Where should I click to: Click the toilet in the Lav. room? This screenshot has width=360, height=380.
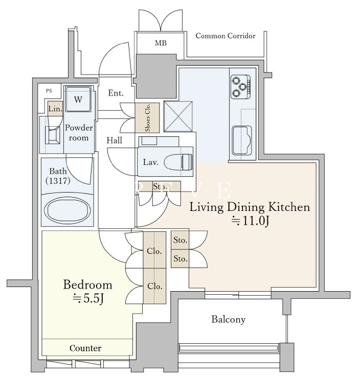tap(178, 161)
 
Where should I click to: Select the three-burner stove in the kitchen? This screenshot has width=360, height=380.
tap(240, 86)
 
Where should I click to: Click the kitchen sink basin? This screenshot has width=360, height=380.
tap(241, 140)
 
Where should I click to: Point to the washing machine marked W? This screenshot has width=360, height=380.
tap(78, 99)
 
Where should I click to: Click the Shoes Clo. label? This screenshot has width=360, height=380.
tap(147, 117)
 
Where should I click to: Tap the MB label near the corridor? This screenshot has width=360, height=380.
tap(161, 43)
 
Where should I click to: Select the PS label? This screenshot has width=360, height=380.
tap(49, 91)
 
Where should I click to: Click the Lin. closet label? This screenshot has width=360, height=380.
tap(55, 109)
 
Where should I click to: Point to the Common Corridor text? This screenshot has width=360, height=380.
tap(226, 36)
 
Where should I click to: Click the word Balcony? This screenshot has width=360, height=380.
tap(228, 319)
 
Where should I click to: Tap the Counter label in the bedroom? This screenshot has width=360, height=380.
tap(85, 348)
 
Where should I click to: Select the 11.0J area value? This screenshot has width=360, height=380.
tap(251, 221)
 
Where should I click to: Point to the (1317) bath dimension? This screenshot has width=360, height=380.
tap(58, 180)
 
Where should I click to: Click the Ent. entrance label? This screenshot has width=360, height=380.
tap(116, 93)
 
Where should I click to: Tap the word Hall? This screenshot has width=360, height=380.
tap(114, 140)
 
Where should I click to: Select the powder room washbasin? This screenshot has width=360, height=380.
tap(53, 135)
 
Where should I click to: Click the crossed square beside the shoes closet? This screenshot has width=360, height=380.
tap(178, 116)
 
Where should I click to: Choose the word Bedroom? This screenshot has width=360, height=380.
tap(87, 285)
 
